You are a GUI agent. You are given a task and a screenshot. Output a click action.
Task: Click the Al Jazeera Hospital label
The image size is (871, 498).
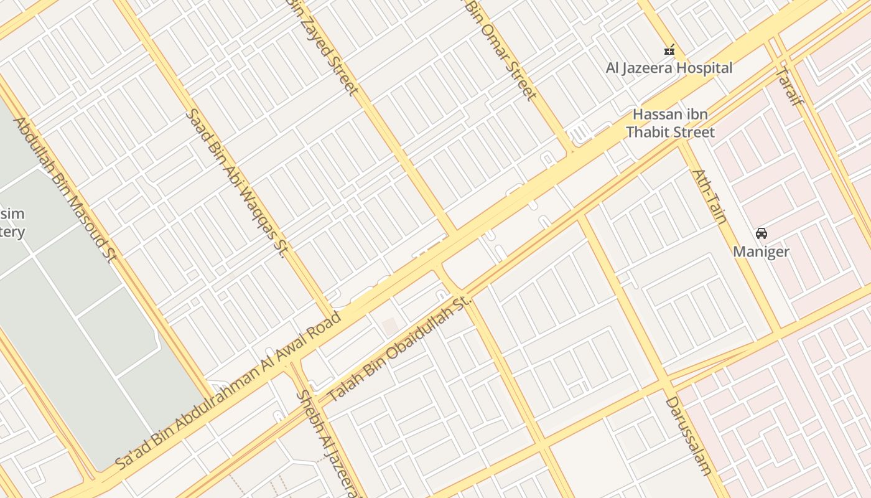(669, 68)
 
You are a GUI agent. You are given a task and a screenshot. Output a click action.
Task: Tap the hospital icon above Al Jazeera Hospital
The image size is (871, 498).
(669, 50)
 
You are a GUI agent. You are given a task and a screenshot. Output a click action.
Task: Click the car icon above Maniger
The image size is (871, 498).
(761, 233)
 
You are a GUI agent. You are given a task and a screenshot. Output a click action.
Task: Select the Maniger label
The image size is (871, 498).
(761, 251)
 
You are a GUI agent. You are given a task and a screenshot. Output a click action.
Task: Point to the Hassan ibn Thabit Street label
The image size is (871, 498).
(670, 123)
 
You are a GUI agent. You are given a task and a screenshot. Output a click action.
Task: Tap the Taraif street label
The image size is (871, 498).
(788, 87)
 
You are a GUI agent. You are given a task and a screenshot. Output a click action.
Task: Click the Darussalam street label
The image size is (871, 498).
(689, 436)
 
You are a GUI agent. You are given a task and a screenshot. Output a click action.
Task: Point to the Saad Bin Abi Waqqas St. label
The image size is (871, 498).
(236, 183)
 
